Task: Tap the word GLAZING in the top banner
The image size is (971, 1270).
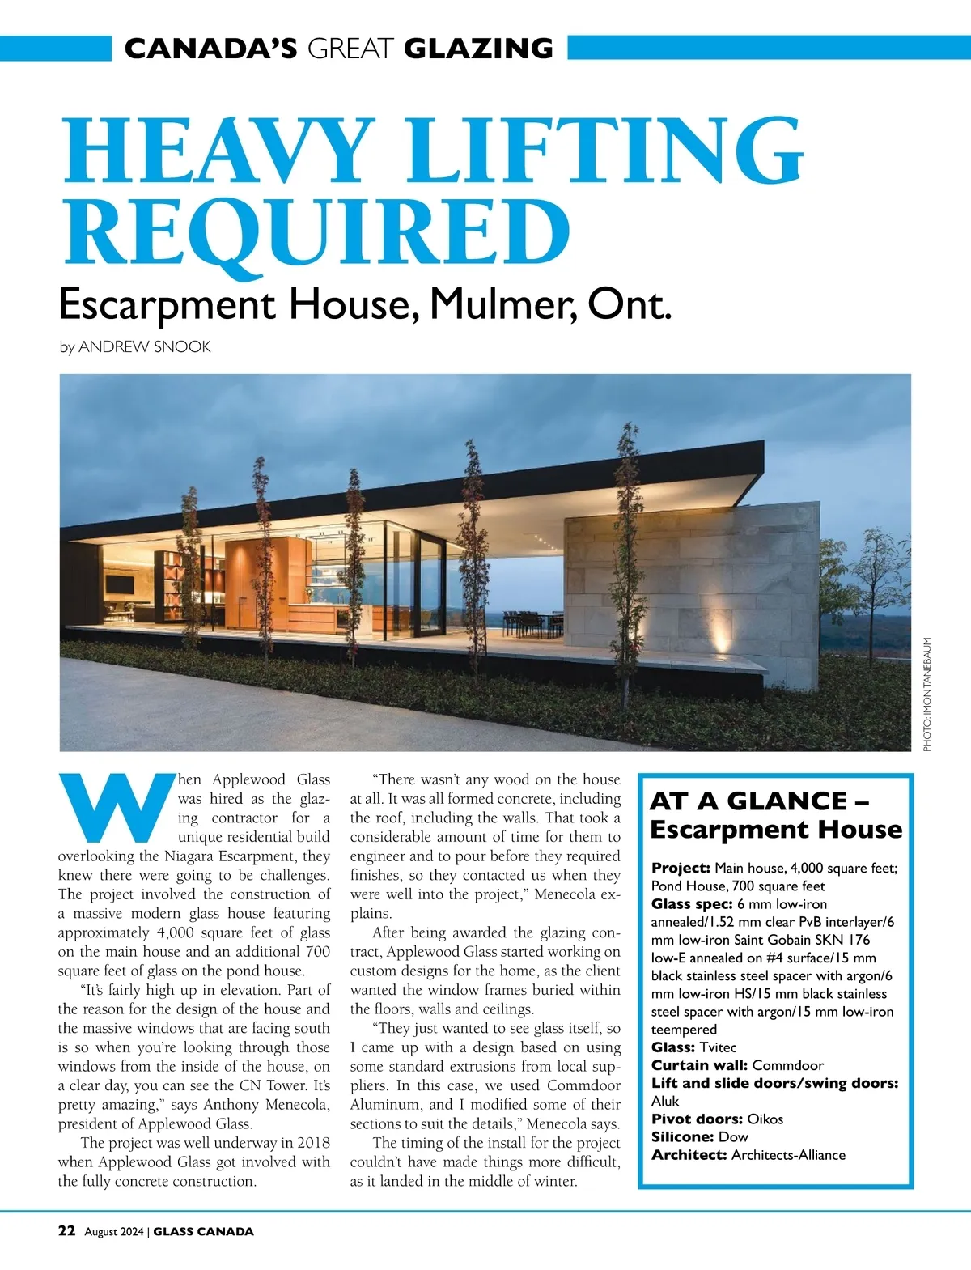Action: (x=478, y=49)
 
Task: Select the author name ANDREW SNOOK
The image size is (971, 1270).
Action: (x=145, y=346)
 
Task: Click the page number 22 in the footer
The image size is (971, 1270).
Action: (x=67, y=1230)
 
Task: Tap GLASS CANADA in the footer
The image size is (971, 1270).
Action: (x=203, y=1231)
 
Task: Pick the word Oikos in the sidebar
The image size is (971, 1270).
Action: (x=765, y=1119)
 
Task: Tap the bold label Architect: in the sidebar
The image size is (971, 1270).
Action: (x=689, y=1155)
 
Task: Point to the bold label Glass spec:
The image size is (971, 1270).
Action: (x=692, y=904)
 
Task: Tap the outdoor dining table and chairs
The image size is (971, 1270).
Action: (x=533, y=622)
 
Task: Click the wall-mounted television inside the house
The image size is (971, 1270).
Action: (x=121, y=584)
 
